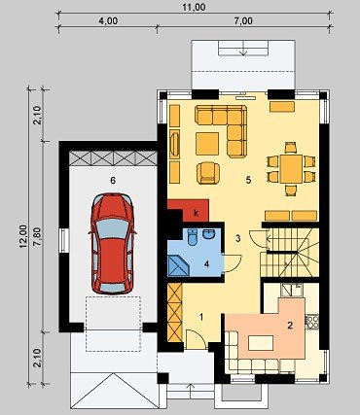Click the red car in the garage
point(112,243)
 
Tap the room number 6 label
point(113,181)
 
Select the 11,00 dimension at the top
point(194,7)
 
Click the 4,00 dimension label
point(108,21)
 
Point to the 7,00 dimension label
point(243,21)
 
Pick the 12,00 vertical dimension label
point(23,236)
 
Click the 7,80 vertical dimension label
point(38,236)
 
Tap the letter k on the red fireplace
point(196,213)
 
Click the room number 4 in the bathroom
point(206,264)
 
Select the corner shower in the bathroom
point(178,265)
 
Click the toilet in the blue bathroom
point(193,236)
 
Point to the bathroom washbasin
point(207,234)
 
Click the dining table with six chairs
point(291,168)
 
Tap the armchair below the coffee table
point(208,173)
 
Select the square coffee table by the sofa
point(207,144)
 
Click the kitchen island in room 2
point(261,343)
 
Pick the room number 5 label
point(248,180)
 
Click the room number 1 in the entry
point(201,317)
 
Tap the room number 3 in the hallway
point(238,239)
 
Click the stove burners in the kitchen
point(312,322)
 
